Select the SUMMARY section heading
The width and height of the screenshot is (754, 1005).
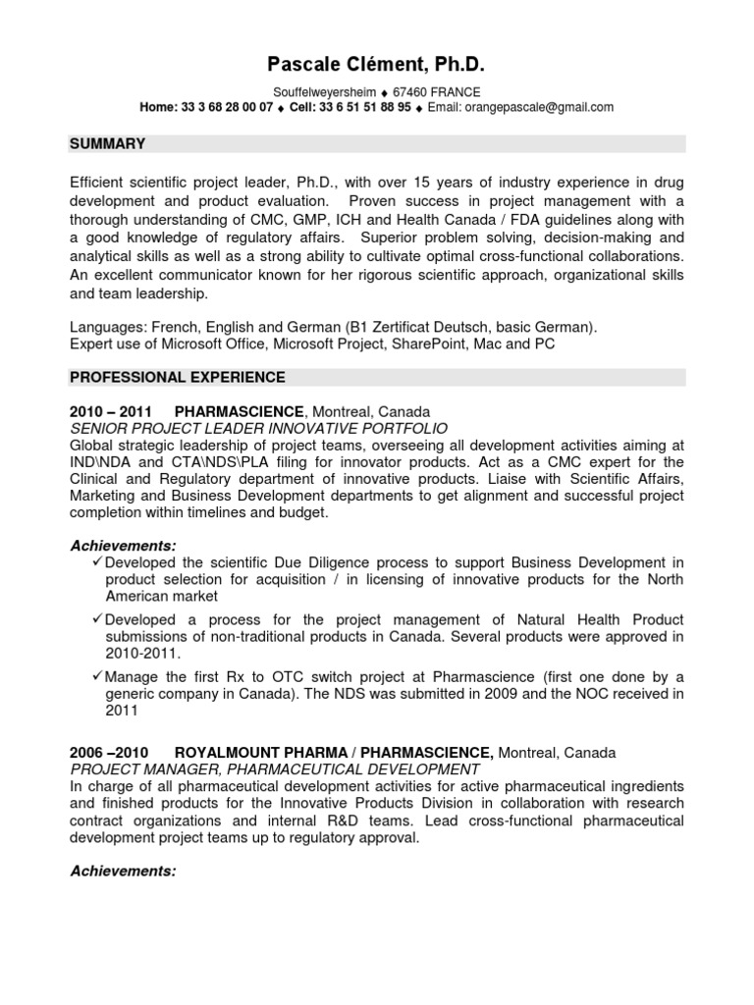[107, 144]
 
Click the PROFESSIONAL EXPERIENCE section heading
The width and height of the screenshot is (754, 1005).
[178, 377]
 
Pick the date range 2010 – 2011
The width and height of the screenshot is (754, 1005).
[110, 411]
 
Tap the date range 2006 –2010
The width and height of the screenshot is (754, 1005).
[108, 753]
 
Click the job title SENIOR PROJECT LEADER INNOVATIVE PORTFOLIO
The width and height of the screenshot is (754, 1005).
[258, 428]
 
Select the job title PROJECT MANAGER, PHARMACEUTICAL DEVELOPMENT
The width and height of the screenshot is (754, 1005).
[274, 769]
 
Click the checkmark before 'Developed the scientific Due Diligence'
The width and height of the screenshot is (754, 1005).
[96, 561]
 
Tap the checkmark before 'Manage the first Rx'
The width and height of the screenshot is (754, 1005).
[96, 677]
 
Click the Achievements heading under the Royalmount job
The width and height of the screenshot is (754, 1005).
[123, 871]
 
